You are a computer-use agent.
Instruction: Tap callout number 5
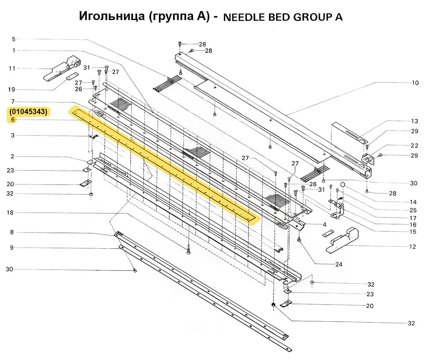tap(13, 39)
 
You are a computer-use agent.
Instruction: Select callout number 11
tap(12, 68)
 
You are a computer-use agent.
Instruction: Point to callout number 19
tap(12, 90)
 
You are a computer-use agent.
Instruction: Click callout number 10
tap(415, 83)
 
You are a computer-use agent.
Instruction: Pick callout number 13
tap(414, 121)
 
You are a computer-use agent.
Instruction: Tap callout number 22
tap(414, 145)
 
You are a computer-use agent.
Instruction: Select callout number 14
tap(413, 202)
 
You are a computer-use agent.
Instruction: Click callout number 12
tap(412, 247)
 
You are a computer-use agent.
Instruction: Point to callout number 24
tap(338, 264)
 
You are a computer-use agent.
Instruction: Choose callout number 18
tap(10, 212)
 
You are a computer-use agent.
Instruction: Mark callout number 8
tap(12, 232)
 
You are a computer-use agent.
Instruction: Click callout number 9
tap(12, 247)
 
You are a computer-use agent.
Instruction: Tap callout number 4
tap(324, 225)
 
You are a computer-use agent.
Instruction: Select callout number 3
tap(13, 135)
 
